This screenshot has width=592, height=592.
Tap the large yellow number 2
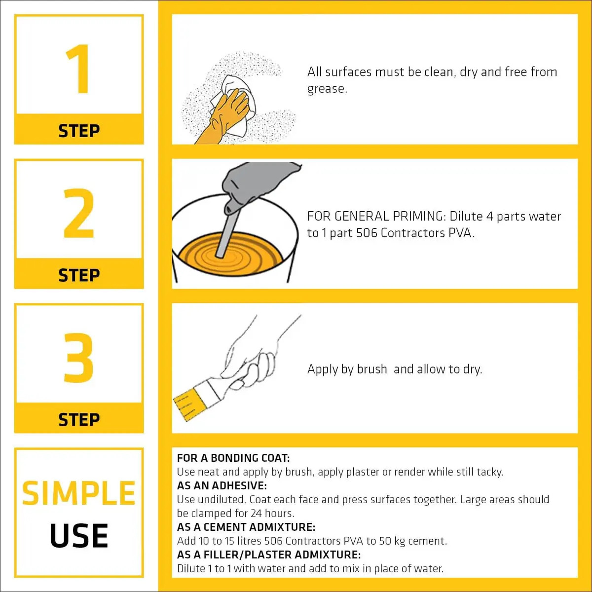(78, 213)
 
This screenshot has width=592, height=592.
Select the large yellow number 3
(78, 358)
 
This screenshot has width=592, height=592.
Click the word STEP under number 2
(79, 275)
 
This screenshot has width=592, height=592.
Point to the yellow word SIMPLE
(78, 493)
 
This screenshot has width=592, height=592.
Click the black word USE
(78, 535)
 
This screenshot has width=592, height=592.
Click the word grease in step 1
(327, 89)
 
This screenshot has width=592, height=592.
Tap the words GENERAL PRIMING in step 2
(390, 217)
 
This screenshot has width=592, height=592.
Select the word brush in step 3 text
(371, 369)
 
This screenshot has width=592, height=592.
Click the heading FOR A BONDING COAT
(233, 458)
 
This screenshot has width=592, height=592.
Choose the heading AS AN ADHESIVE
(222, 486)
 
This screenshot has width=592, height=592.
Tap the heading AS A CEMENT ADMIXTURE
(246, 527)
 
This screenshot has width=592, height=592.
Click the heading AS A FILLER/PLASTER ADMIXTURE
(269, 555)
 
